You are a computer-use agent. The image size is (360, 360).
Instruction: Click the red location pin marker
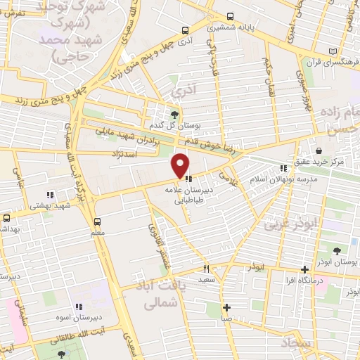click(180, 165)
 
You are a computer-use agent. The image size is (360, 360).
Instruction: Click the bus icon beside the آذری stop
click(184, 30)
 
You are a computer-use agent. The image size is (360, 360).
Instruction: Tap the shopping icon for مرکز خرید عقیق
click(319, 150)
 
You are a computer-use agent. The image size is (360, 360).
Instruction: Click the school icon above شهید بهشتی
click(49, 194)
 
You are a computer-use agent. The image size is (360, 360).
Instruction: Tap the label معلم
click(97, 231)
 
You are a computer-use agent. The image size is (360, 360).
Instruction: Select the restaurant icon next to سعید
click(206, 268)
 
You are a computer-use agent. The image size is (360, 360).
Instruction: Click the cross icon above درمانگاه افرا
click(304, 269)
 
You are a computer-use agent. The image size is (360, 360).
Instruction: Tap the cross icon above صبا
click(226, 307)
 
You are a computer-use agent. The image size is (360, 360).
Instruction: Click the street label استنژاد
click(121, 152)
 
